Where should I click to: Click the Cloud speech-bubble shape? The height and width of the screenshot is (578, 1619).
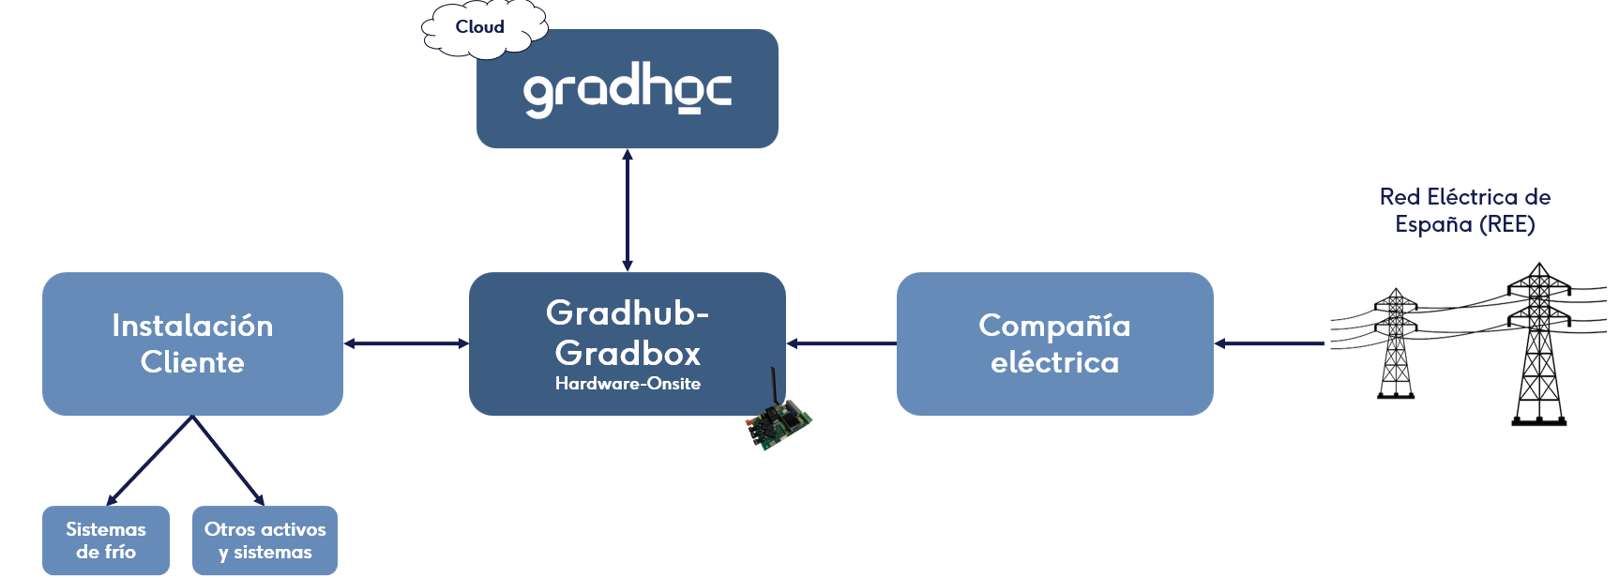(484, 28)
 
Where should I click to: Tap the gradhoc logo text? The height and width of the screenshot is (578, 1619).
(627, 90)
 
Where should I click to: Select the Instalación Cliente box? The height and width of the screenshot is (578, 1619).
(192, 343)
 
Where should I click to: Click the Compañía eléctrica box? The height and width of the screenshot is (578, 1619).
(1054, 343)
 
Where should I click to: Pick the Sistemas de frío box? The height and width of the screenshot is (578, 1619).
(106, 540)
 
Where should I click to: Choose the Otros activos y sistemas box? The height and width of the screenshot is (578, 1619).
(265, 540)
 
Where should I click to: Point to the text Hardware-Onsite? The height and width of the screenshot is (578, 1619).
(628, 384)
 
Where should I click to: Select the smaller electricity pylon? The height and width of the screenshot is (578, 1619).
(1396, 343)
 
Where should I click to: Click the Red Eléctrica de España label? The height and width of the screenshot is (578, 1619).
(1465, 210)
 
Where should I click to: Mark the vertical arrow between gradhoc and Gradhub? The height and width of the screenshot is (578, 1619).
(628, 210)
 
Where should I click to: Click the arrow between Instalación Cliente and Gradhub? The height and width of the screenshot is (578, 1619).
(406, 343)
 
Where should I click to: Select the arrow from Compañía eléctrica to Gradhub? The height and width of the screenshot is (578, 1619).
(841, 343)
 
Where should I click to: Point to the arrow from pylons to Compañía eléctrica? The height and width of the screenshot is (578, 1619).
(1269, 343)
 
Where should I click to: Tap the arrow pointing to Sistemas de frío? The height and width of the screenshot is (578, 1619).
(149, 461)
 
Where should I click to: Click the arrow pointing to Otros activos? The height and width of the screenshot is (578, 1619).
(229, 461)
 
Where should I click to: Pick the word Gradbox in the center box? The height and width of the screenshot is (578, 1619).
(628, 354)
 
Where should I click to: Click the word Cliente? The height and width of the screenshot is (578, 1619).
(192, 362)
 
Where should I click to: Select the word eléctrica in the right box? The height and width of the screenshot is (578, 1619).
(1055, 362)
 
